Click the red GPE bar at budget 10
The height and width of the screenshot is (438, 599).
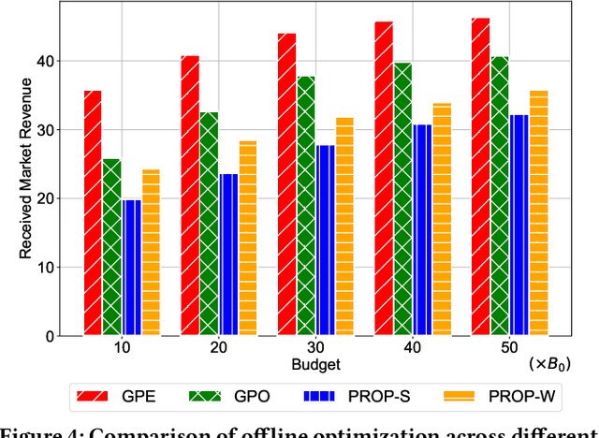pos(93,212)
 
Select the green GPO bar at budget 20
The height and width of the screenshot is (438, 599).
pos(209,224)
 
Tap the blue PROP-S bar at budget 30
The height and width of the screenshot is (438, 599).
pos(325,240)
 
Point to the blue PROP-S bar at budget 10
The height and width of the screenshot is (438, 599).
pos(131,267)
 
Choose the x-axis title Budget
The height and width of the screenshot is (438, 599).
pos(314,364)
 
